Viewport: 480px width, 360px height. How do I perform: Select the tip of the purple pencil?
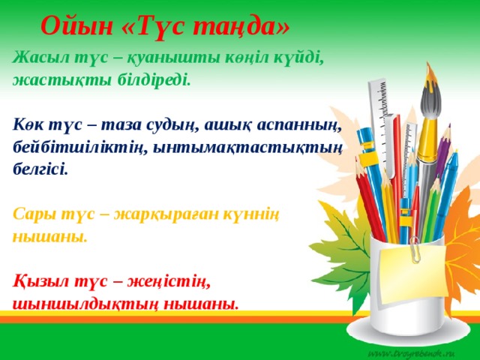click(448, 132)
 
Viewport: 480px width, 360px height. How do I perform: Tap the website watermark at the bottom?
click(417, 352)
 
